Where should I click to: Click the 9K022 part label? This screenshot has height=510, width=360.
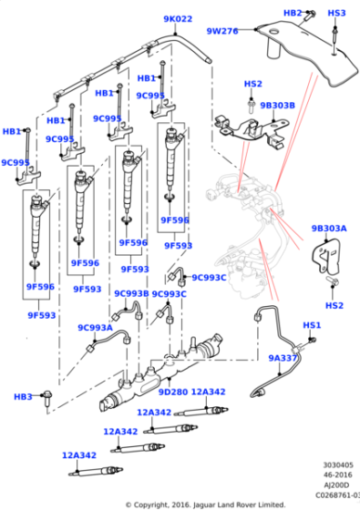click(x=178, y=19)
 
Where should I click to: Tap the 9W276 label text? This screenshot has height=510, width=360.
click(x=222, y=31)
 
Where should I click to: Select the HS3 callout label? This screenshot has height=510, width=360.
click(x=336, y=13)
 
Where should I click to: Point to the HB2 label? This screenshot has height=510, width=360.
click(x=293, y=13)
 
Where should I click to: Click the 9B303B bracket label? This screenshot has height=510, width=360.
click(x=277, y=106)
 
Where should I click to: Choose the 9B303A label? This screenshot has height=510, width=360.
click(x=329, y=229)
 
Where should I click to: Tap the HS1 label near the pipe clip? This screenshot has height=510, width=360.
click(x=312, y=325)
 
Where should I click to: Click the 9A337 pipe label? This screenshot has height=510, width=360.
click(x=283, y=358)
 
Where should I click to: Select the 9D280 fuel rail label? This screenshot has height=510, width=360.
click(x=173, y=392)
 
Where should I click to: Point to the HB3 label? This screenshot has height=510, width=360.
click(x=23, y=397)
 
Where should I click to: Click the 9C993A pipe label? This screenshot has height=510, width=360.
click(x=95, y=328)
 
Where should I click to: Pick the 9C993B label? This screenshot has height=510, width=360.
click(x=131, y=293)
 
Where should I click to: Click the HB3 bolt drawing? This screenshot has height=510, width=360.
click(x=47, y=399)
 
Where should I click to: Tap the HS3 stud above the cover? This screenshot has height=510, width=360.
click(x=335, y=38)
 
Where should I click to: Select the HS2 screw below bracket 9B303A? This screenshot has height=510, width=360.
click(x=332, y=280)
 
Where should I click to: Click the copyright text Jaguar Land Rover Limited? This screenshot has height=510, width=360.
click(x=239, y=505)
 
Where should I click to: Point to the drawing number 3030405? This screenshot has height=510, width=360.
click(x=338, y=465)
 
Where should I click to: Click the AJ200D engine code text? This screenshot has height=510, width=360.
click(x=336, y=485)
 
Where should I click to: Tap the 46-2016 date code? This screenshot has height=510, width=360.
click(x=338, y=474)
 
